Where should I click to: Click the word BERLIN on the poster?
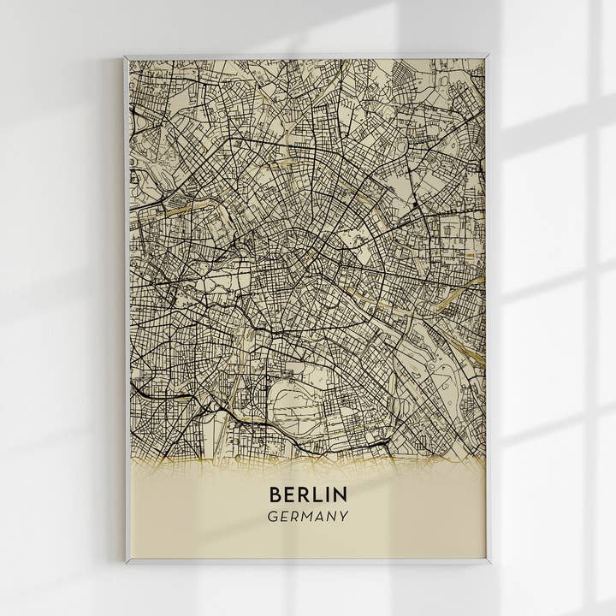coord(308,495)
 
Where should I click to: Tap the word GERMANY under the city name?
coord(308,517)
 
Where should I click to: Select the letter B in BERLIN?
coord(275,495)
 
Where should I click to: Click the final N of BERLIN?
coord(341,495)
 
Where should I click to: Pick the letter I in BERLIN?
coord(328,495)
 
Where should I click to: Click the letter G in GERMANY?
coord(272,517)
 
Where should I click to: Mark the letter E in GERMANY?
coord(284,517)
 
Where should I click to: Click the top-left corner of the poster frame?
coord(126,57)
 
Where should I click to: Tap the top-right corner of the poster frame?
coord(488,57)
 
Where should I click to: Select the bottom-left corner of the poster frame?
coord(127,562)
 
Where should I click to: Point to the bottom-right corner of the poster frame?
coord(489,562)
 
